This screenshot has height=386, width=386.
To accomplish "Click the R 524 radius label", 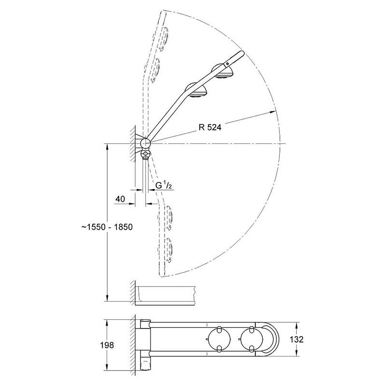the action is click(x=210, y=127).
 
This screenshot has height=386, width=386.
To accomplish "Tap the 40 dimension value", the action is click(x=120, y=199).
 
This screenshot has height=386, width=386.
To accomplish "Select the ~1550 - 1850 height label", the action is click(x=107, y=227).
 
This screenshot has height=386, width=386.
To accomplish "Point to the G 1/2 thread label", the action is click(x=164, y=185).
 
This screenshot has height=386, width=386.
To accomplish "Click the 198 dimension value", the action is click(x=107, y=345).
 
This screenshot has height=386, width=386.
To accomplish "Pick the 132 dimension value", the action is click(x=296, y=340).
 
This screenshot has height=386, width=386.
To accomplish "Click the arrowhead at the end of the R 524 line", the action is click(x=272, y=112).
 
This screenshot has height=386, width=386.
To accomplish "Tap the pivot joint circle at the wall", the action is click(x=145, y=143).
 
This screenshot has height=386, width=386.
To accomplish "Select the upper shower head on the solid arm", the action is click(x=223, y=71).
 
